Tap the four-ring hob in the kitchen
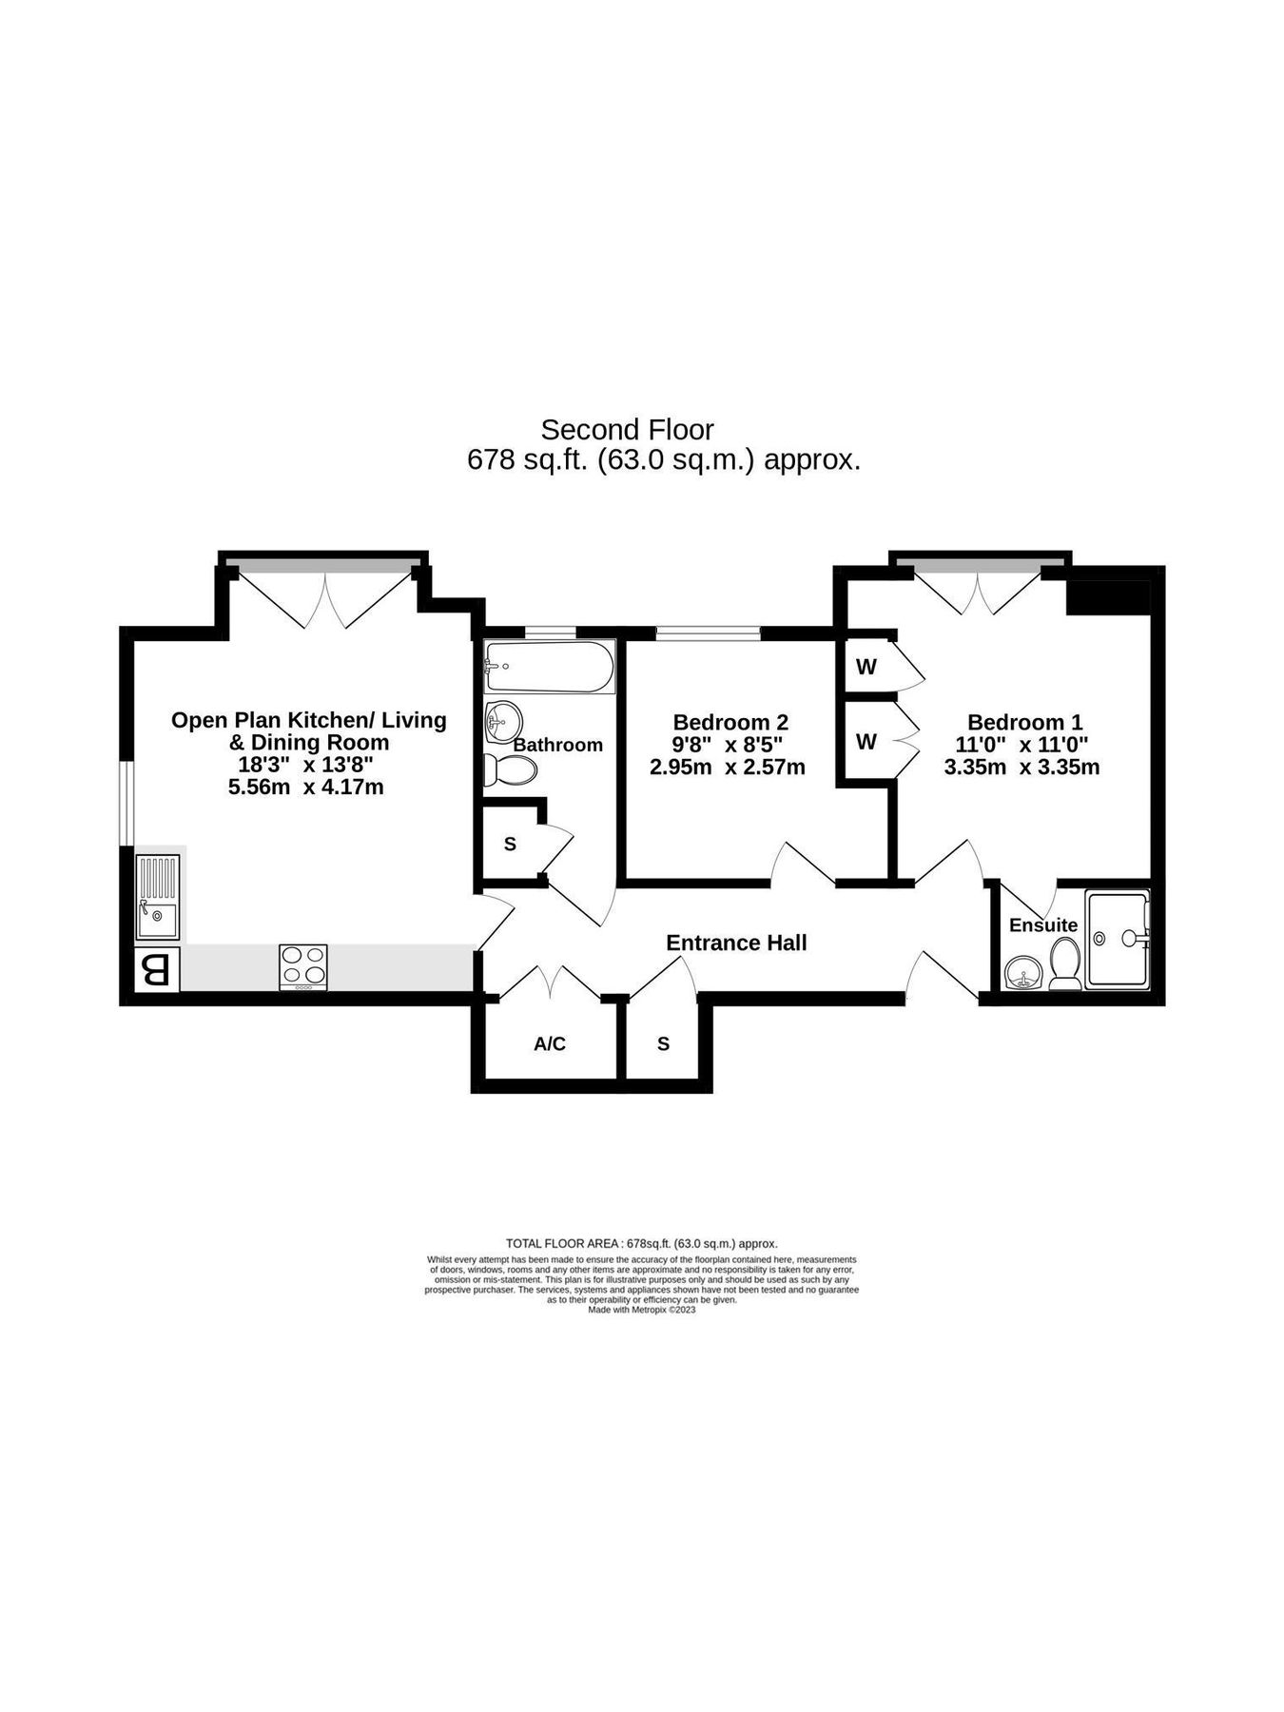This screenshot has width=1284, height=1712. coord(303,966)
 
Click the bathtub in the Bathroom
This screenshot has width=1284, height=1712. coord(549,667)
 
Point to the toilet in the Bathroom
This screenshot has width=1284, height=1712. coord(509,770)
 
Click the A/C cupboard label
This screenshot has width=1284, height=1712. coord(550,1044)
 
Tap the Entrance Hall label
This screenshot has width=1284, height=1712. coord(736,943)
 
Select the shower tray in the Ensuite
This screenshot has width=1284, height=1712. coord(1118,939)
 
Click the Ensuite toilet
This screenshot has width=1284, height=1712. coord(1064,963)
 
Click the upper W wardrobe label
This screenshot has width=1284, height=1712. coord(866,667)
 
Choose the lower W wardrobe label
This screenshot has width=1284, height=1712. coord(866,741)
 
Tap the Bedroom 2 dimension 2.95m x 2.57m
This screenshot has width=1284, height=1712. coord(728,768)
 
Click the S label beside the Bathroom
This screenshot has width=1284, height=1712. coord(510,844)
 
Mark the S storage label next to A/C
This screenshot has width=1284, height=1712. coord(663,1044)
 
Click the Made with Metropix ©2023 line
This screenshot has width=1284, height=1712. coord(641,1310)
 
